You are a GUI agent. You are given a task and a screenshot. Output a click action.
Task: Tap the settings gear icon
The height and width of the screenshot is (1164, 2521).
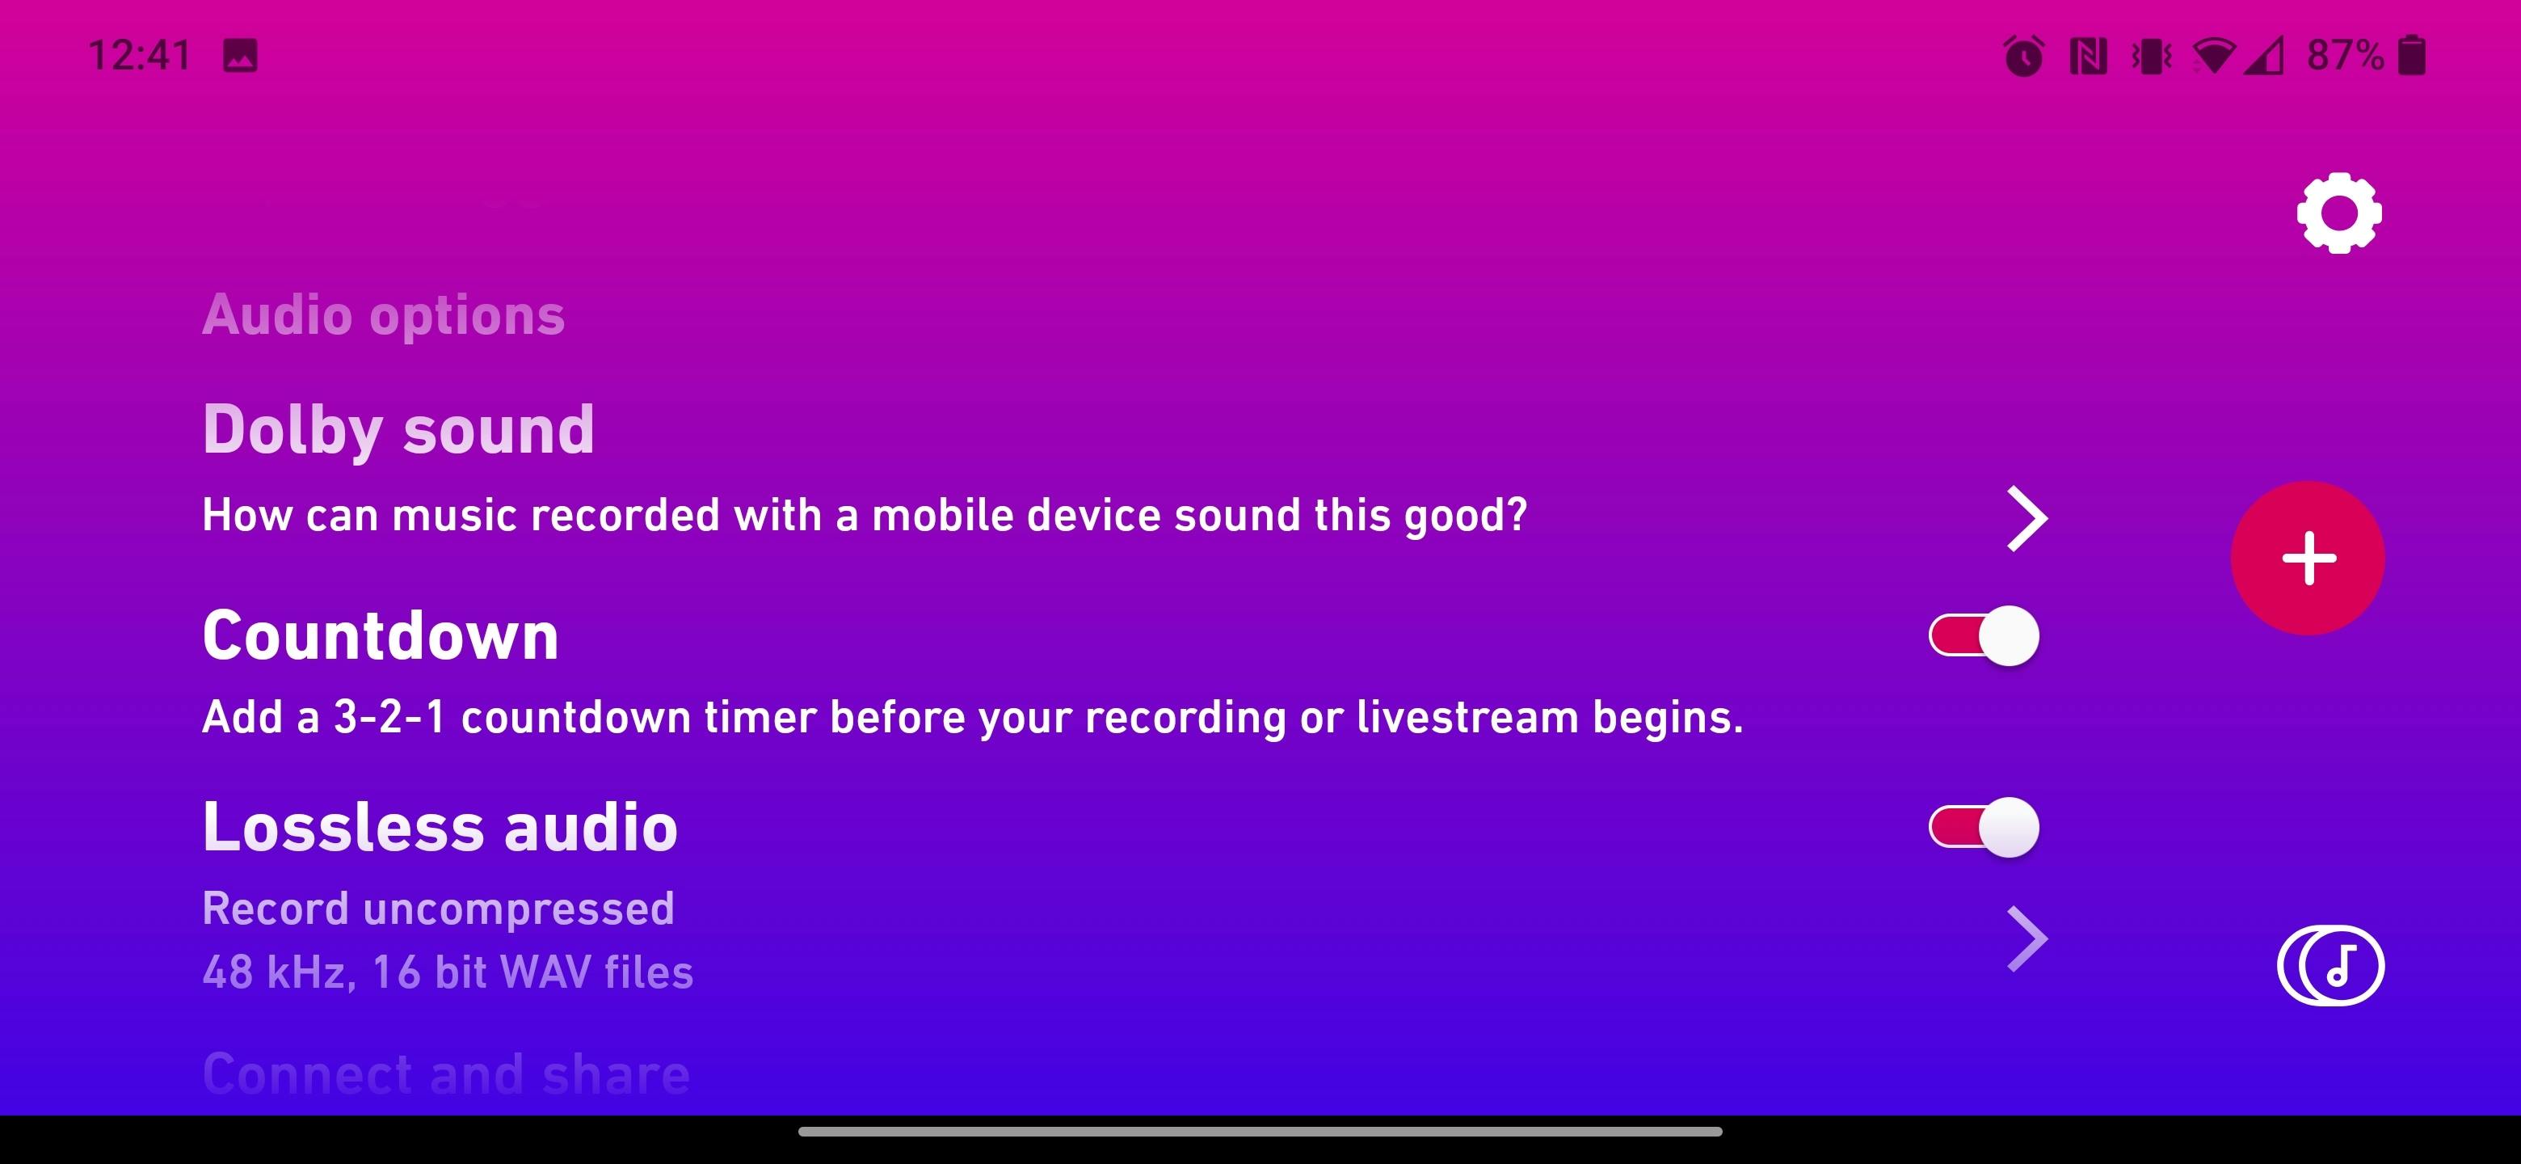(2339, 213)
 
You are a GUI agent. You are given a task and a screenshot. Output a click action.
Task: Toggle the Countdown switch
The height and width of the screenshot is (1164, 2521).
(1984, 635)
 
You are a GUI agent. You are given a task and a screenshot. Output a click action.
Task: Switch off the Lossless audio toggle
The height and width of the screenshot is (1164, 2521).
(1984, 827)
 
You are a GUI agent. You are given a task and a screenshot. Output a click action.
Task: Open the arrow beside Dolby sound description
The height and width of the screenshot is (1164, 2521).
(2026, 518)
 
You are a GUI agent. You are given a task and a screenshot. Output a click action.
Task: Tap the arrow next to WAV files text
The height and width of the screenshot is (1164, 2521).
(2026, 938)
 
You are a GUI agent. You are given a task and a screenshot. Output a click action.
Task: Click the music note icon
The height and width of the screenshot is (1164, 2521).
(2330, 965)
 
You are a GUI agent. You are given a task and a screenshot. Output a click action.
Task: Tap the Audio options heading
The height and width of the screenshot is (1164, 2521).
(384, 315)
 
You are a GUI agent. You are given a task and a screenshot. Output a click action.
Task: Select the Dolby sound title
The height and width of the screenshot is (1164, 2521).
(398, 430)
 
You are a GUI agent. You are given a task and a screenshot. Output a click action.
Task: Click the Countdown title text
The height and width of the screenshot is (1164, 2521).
(381, 635)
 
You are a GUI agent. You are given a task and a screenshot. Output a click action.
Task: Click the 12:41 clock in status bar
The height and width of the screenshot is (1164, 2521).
(140, 55)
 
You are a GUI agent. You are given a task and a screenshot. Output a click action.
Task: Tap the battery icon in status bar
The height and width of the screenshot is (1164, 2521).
(2413, 55)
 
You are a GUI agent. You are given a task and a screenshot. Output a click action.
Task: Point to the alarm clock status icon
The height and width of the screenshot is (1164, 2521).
(2024, 55)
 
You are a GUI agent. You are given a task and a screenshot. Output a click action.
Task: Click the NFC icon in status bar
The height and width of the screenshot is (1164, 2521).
(2089, 56)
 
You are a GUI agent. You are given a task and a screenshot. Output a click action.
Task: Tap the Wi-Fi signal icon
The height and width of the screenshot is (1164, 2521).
(2214, 56)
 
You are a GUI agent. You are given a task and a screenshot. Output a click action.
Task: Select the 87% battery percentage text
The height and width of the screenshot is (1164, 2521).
(2345, 55)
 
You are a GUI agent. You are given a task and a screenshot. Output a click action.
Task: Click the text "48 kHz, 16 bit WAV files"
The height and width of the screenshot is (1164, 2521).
(448, 972)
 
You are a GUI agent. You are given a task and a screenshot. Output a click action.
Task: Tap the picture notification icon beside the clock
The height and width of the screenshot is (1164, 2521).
(240, 56)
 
